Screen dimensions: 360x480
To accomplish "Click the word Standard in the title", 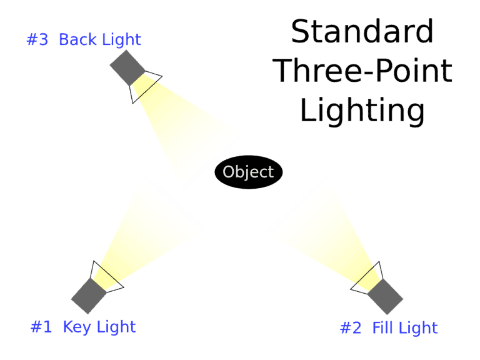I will coord(362,31).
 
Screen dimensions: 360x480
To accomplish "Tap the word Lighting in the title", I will coord(362,110).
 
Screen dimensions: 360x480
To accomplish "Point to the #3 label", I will coord(37,41).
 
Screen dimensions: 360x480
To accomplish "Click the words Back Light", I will coord(100,41).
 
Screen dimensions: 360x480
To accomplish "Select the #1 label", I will coord(41,326).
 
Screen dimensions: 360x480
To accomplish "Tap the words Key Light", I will coord(99,326).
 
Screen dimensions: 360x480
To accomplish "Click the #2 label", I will coord(351,327).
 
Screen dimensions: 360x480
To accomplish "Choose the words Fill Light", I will coord(404,327).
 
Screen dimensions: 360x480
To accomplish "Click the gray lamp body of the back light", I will coord(127,67).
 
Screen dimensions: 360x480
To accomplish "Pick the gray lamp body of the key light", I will coord(89,296).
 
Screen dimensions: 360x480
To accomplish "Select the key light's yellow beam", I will coord(150,231).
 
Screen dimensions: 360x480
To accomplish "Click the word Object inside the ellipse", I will coord(249,172).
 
